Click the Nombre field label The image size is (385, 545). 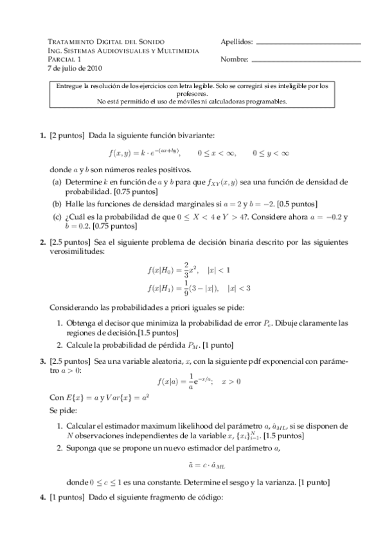(234, 59)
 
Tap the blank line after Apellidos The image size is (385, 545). (308, 43)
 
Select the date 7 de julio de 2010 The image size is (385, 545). (75, 67)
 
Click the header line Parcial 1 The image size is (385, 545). (63, 58)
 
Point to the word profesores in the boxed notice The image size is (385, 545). (192, 93)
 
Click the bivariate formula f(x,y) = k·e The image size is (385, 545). (145, 153)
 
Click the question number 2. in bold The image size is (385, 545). (42, 242)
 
